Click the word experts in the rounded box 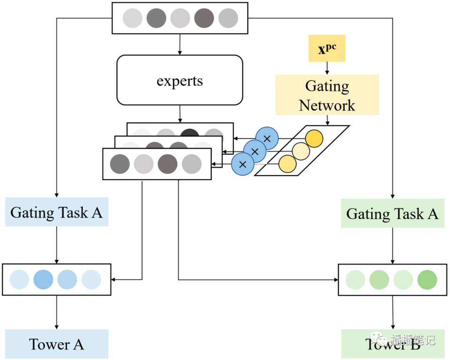(180, 80)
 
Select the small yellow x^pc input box (327, 48)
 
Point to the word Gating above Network (327, 86)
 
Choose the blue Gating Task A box (56, 212)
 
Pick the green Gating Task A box (392, 214)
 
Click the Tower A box (56, 344)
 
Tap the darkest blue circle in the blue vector (43, 280)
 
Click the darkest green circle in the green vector (427, 280)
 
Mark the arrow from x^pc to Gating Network (327, 68)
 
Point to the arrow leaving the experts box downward (180, 114)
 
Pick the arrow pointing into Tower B (392, 312)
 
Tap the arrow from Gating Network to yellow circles (327, 120)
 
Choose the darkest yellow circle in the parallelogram (314, 139)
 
